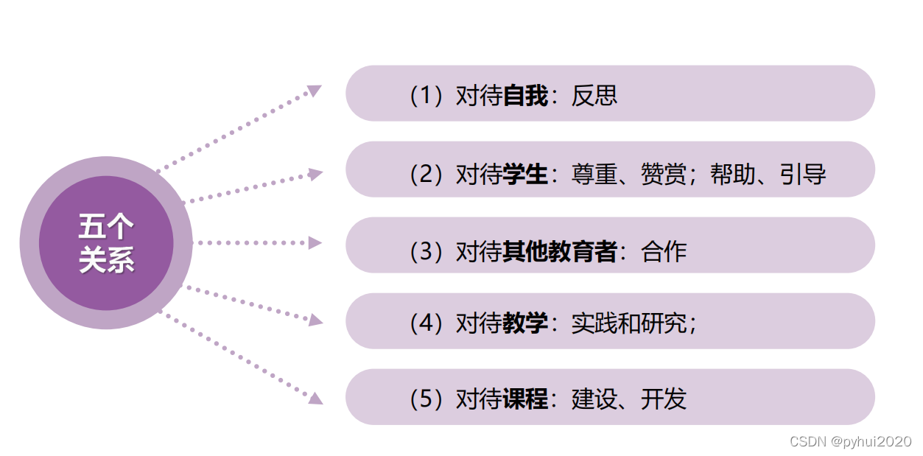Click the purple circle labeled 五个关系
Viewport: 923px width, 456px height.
(x=106, y=243)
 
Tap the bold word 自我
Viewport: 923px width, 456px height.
(x=525, y=96)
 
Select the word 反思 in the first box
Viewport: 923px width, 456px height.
(x=594, y=96)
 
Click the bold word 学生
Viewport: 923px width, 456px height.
(x=525, y=175)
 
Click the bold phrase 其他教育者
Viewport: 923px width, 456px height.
(x=560, y=251)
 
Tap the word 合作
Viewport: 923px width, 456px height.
(x=664, y=251)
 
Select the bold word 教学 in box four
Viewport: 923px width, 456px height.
(x=525, y=323)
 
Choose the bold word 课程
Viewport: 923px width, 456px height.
(x=525, y=399)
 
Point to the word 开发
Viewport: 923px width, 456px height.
(x=664, y=399)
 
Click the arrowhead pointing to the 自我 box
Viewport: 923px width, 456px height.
(x=315, y=91)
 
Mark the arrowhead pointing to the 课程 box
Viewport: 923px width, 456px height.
(x=315, y=398)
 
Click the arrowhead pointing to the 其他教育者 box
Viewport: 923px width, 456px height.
(x=315, y=243)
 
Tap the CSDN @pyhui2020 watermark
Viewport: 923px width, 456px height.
(x=850, y=441)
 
